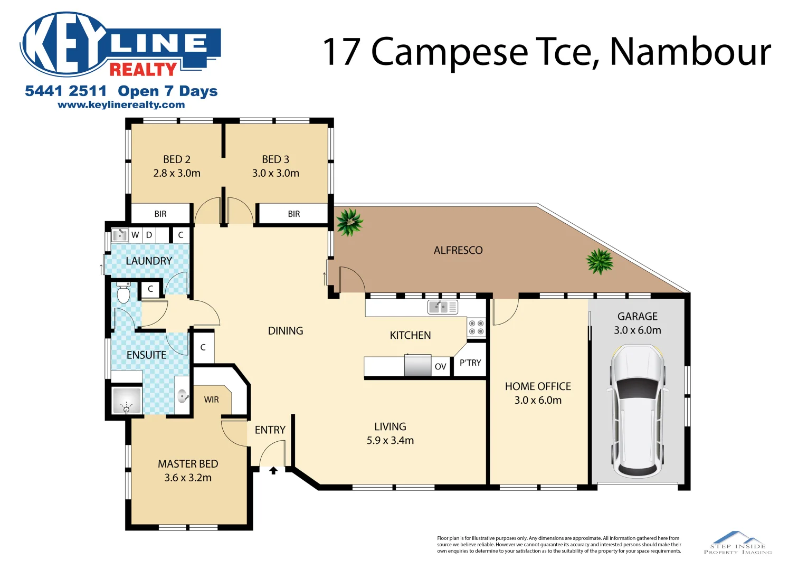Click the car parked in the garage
pyautogui.click(x=637, y=411)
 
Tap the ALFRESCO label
pyautogui.click(x=458, y=250)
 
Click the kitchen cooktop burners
pyautogui.click(x=476, y=327)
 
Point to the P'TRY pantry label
pyautogui.click(x=470, y=363)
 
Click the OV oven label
pyautogui.click(x=440, y=366)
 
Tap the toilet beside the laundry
pyautogui.click(x=123, y=293)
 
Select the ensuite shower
pyautogui.click(x=127, y=401)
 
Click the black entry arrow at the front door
pyautogui.click(x=273, y=470)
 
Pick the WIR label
pyautogui.click(x=211, y=400)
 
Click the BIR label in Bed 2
pyautogui.click(x=160, y=214)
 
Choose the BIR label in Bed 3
pyautogui.click(x=294, y=214)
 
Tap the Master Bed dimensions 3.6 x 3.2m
pyautogui.click(x=188, y=478)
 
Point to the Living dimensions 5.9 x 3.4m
pyautogui.click(x=390, y=440)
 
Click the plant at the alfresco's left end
pyautogui.click(x=349, y=222)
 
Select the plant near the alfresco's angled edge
pyautogui.click(x=600, y=261)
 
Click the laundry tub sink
pyautogui.click(x=120, y=234)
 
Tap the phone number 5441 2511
pyautogui.click(x=65, y=91)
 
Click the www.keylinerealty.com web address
pyautogui.click(x=121, y=104)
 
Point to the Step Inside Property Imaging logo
pyautogui.click(x=738, y=543)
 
